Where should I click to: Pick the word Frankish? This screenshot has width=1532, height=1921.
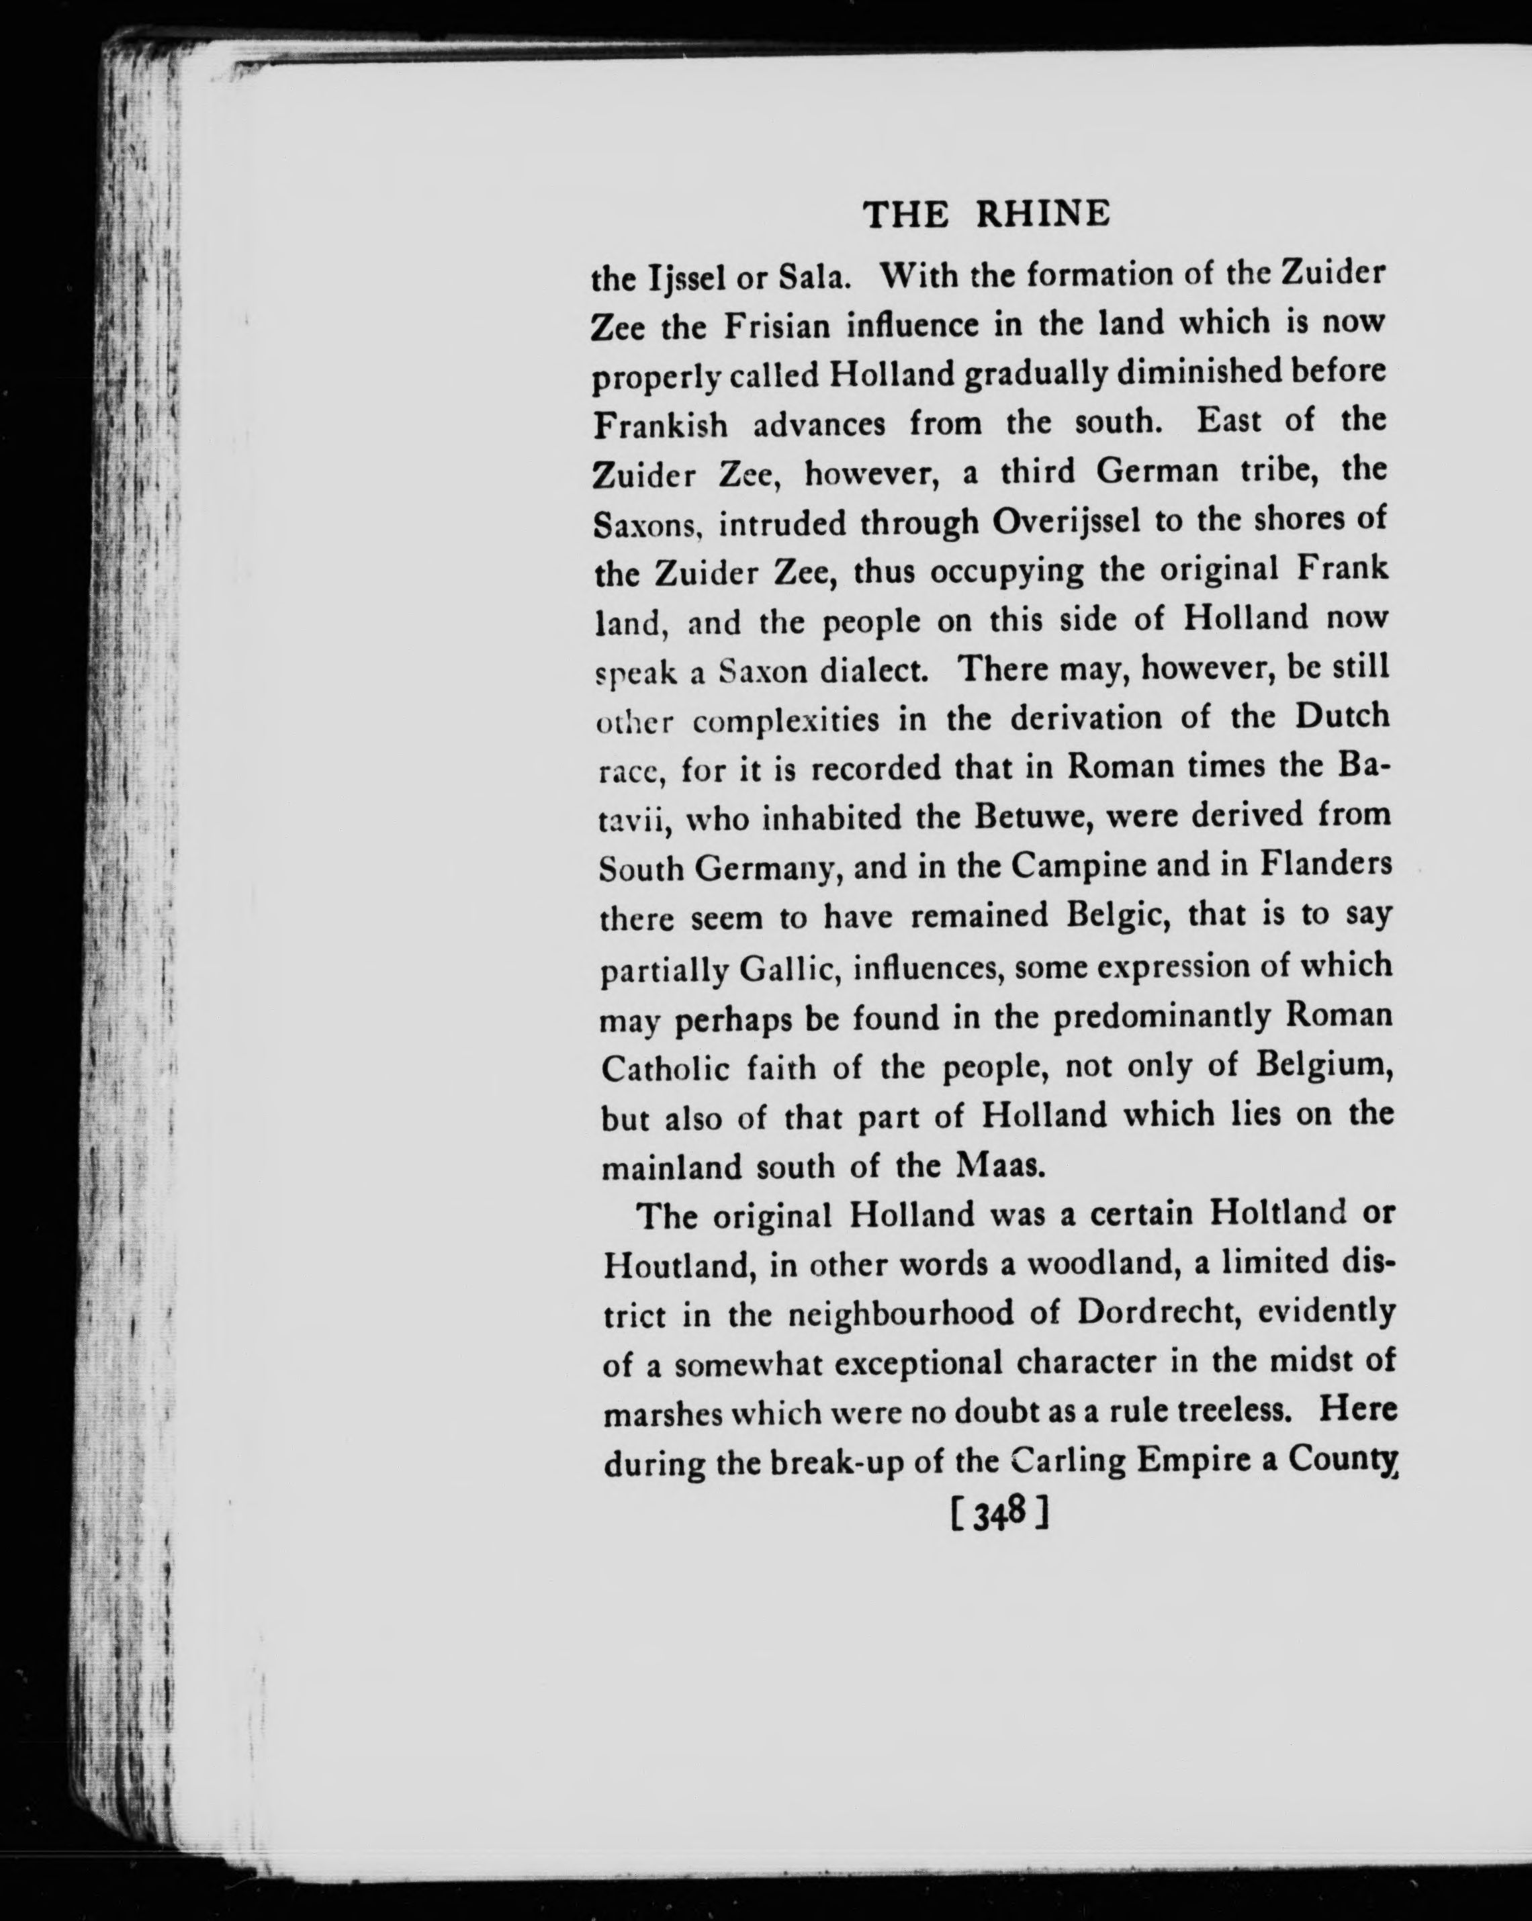click(x=660, y=425)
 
